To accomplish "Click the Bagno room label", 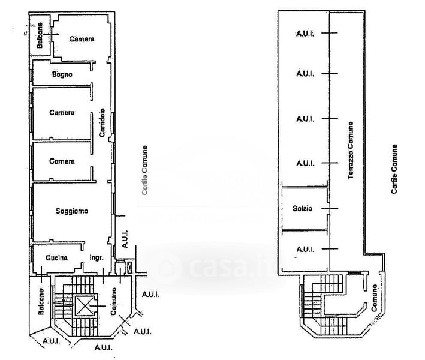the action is pos(62,74).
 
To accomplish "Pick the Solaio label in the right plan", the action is pos(303,208).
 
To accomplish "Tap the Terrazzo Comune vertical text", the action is pos(350,151).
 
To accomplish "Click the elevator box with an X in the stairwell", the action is pos(83,307).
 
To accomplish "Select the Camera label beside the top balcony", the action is pos(82,39).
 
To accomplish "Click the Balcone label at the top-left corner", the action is pos(40,35).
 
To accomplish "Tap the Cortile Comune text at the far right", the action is pos(394,169).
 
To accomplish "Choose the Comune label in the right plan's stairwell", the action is pos(373,297).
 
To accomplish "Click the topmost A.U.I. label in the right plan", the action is pos(306,34).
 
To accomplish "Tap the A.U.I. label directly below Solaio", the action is pos(306,248).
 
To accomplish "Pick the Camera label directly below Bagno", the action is pos(62,113).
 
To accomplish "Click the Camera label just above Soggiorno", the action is pos(62,161).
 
